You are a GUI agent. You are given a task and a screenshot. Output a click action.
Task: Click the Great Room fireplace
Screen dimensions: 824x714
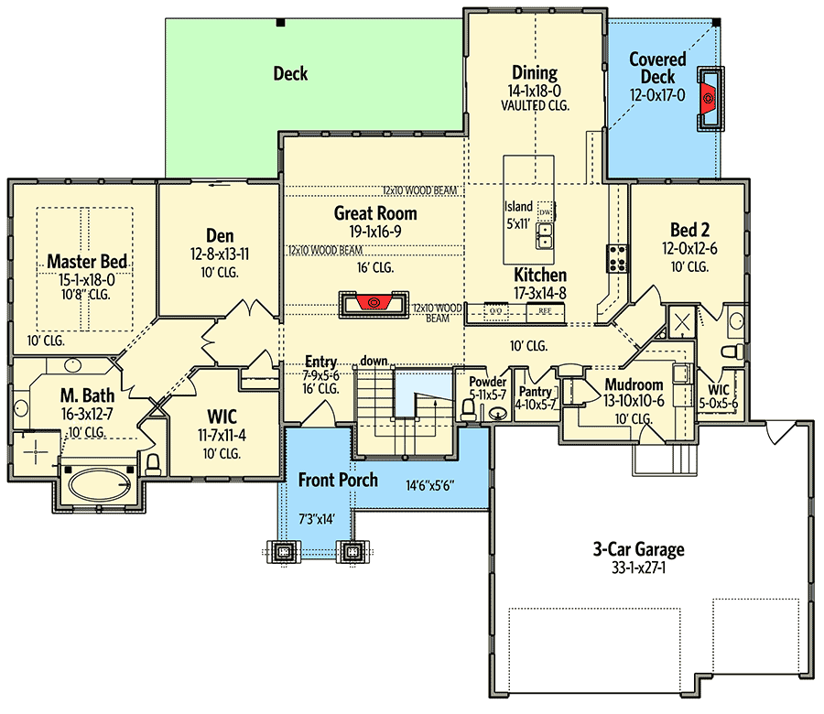pos(374,304)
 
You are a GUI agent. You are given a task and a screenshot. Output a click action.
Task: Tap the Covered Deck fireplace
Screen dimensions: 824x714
pos(710,98)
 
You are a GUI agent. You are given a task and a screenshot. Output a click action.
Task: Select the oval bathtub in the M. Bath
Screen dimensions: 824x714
pos(100,484)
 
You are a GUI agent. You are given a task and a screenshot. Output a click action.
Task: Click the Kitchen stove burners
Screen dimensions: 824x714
pos(617,258)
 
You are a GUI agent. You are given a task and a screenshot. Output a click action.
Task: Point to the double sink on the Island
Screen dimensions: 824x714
pos(545,236)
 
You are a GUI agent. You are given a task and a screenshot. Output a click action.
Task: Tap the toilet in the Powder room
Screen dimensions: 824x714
pos(468,410)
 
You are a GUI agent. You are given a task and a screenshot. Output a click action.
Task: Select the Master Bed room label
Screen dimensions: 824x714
pos(87,262)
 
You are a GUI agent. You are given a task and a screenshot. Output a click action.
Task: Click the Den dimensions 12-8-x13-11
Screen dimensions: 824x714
pos(220,254)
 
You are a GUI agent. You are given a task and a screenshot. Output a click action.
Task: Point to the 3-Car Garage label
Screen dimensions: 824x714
pos(638,549)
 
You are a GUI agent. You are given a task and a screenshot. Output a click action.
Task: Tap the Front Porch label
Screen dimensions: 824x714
pos(338,480)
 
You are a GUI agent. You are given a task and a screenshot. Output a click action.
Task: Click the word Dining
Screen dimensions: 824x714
pos(535,72)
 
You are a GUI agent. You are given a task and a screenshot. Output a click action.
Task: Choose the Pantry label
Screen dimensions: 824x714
pos(535,392)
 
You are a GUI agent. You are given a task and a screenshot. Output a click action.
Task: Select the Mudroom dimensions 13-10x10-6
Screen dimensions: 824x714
pos(634,401)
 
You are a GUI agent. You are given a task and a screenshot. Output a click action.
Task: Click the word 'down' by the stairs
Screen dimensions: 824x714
pos(374,361)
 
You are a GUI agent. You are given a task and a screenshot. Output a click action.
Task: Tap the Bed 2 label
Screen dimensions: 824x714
pos(689,230)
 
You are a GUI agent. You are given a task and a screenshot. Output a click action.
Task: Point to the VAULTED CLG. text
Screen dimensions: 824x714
pos(535,105)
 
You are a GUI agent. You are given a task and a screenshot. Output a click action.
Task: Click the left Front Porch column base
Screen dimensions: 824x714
pos(285,552)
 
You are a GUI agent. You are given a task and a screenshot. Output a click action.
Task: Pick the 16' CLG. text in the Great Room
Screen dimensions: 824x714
pos(375,268)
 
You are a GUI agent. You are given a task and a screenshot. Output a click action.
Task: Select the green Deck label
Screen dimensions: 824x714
pos(290,73)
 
